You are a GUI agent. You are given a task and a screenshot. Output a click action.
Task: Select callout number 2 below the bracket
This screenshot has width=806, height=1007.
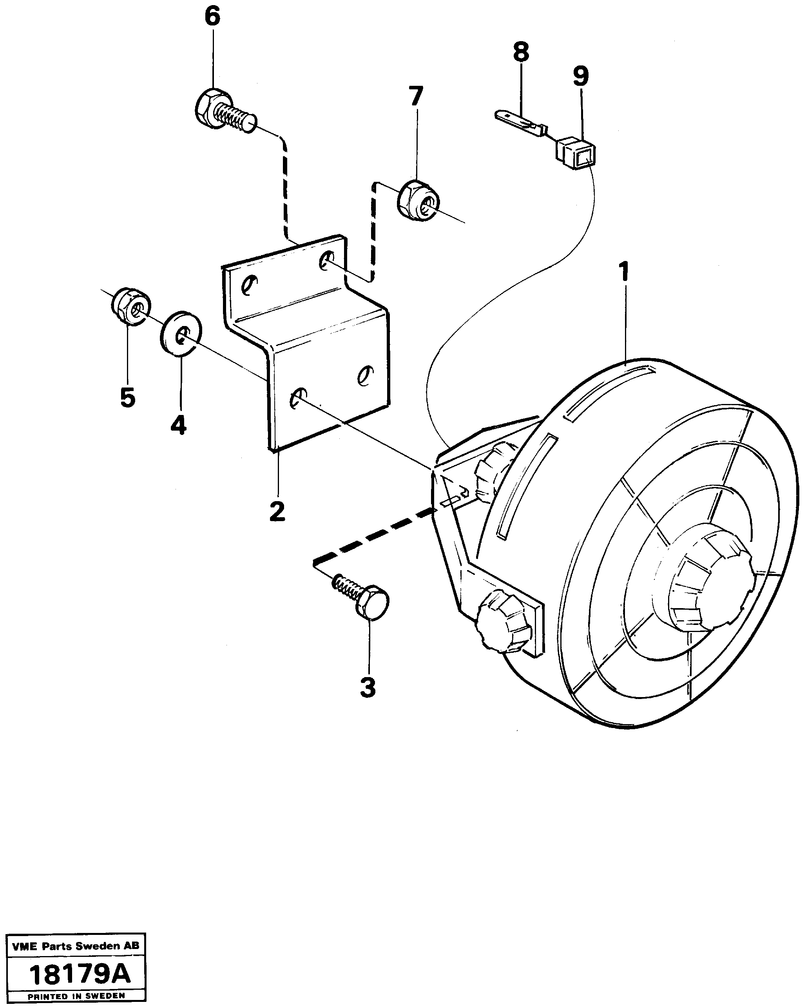[x=277, y=512]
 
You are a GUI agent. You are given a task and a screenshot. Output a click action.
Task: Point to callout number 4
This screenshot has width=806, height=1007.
[x=178, y=425]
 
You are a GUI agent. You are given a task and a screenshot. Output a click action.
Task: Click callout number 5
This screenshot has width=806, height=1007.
[x=127, y=398]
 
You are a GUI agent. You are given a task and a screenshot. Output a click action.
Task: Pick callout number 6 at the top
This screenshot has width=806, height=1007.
[x=212, y=17]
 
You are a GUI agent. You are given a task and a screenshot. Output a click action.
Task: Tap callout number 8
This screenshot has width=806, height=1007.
[x=521, y=52]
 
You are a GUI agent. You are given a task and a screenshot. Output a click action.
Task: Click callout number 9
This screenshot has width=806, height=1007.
[x=581, y=76]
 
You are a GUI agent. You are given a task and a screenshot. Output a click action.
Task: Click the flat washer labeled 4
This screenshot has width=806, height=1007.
[x=180, y=333]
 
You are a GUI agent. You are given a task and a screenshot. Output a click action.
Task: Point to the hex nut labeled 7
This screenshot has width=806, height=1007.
[x=418, y=201]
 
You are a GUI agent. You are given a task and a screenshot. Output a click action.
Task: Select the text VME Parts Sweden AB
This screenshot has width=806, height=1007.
[x=75, y=946]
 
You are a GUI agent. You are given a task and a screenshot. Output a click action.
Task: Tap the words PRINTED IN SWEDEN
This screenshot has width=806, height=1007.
[x=76, y=995]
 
